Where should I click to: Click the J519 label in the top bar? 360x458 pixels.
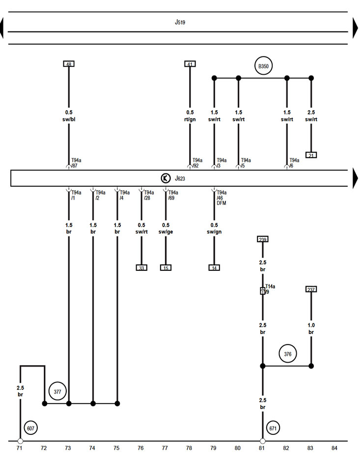tap(180, 22)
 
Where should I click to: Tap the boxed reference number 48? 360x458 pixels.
tap(69, 64)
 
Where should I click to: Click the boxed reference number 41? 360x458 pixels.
tap(190, 64)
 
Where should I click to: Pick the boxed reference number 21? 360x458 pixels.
tap(311, 155)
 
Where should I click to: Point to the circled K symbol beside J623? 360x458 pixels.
tap(166, 178)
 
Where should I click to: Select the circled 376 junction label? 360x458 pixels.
tap(287, 354)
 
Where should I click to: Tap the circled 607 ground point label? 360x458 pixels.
tap(31, 428)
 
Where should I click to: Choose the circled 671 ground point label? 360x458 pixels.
tap(273, 428)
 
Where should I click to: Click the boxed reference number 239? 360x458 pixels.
tap(263, 239)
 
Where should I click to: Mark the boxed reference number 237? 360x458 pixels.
tap(311, 289)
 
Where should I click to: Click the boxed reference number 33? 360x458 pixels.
tap(141, 268)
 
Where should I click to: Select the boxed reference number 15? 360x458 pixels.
tap(166, 268)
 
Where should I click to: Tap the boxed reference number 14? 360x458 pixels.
tap(214, 268)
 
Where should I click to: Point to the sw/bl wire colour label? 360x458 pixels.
tap(69, 119)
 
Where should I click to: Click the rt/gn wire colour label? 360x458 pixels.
tap(190, 119)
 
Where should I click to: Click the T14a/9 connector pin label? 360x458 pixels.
tap(270, 288)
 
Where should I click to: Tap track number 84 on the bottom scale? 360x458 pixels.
tap(334, 448)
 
